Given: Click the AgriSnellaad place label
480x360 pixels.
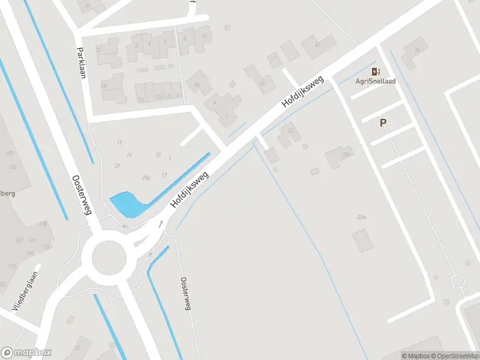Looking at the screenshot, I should click(x=376, y=81).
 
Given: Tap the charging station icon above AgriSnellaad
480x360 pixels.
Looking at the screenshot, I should click(x=376, y=71).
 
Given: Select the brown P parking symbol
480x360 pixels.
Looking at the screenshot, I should click(x=382, y=123).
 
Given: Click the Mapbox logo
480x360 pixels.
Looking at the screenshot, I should click(x=26, y=352).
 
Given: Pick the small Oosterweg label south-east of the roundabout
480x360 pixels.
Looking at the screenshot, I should click(x=185, y=293).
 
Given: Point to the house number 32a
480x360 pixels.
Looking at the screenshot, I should click(x=346, y=155).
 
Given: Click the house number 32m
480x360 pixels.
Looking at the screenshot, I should click(x=361, y=217).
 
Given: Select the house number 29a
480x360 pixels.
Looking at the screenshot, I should click(x=146, y=178).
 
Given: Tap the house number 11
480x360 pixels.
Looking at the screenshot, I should click(x=119, y=142).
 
